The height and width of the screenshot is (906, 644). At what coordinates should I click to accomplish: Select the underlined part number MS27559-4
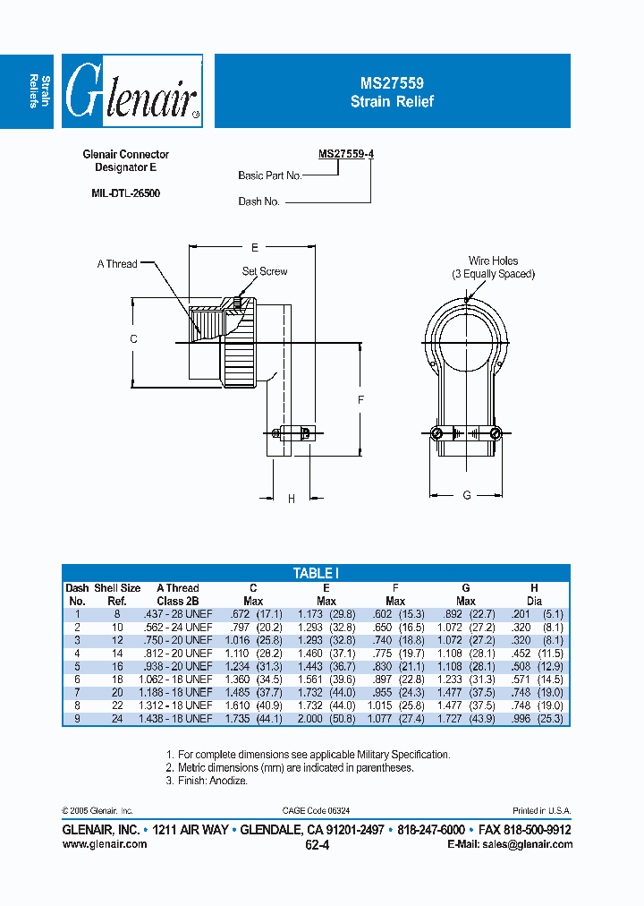point(346,154)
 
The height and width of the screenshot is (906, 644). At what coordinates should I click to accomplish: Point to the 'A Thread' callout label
point(117,264)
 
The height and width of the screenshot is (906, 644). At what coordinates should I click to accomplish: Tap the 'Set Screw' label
point(265,271)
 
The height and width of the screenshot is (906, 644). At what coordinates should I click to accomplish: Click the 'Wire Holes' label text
point(493,261)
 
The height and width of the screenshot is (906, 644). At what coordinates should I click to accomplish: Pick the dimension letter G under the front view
point(467,496)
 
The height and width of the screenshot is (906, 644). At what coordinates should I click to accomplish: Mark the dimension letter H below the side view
point(292,500)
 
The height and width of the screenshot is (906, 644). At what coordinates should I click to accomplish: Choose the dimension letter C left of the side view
point(133,338)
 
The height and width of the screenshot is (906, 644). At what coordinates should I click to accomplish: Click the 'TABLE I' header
point(316,573)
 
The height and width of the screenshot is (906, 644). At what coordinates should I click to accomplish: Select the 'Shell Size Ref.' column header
point(117,594)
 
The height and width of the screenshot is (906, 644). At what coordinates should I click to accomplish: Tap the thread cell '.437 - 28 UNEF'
point(177,614)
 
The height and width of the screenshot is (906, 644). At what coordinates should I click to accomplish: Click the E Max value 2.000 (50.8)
point(326,719)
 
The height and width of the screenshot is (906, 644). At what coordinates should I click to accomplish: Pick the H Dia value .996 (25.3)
point(535,719)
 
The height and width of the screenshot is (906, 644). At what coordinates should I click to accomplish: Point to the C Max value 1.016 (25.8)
point(253,640)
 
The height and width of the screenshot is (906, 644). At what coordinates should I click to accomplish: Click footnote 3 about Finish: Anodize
point(207,781)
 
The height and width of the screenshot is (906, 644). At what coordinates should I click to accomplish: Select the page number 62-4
point(318,844)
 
